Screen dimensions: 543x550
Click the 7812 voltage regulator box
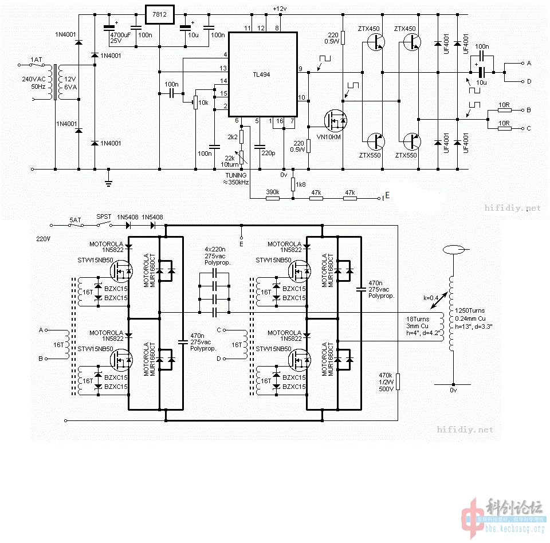tap(159, 15)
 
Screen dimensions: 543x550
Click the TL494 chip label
tap(262, 74)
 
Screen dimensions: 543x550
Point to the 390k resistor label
tap(272, 192)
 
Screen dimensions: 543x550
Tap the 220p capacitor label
tap(268, 154)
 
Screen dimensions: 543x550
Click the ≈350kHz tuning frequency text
tap(235, 182)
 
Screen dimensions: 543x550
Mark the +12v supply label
tap(279, 9)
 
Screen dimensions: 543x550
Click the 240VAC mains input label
tap(33, 78)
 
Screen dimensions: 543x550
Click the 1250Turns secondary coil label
tap(470, 310)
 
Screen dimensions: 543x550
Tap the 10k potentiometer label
tap(203, 103)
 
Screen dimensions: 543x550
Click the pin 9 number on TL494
tap(300, 69)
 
